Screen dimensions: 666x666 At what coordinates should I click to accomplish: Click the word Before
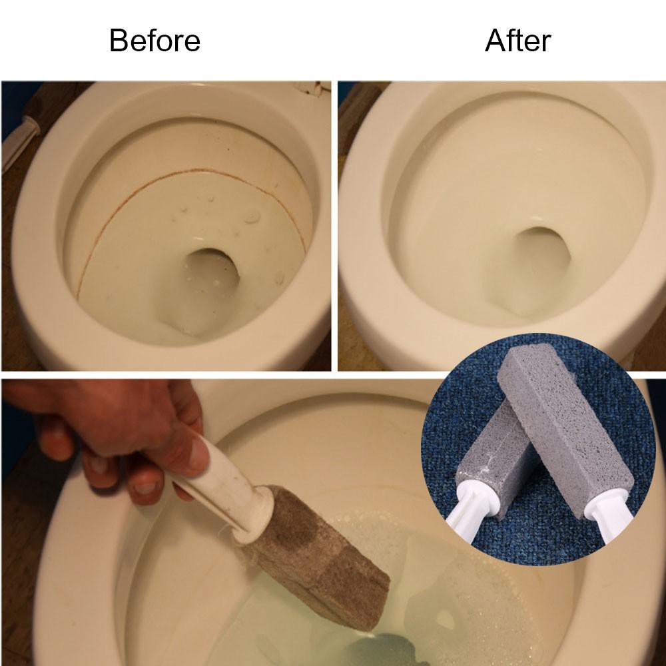(x=155, y=41)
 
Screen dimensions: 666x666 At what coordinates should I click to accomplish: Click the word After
(x=517, y=41)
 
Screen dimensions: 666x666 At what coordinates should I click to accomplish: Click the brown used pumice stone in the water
(x=318, y=555)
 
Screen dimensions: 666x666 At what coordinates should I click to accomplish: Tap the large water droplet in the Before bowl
(x=252, y=215)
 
